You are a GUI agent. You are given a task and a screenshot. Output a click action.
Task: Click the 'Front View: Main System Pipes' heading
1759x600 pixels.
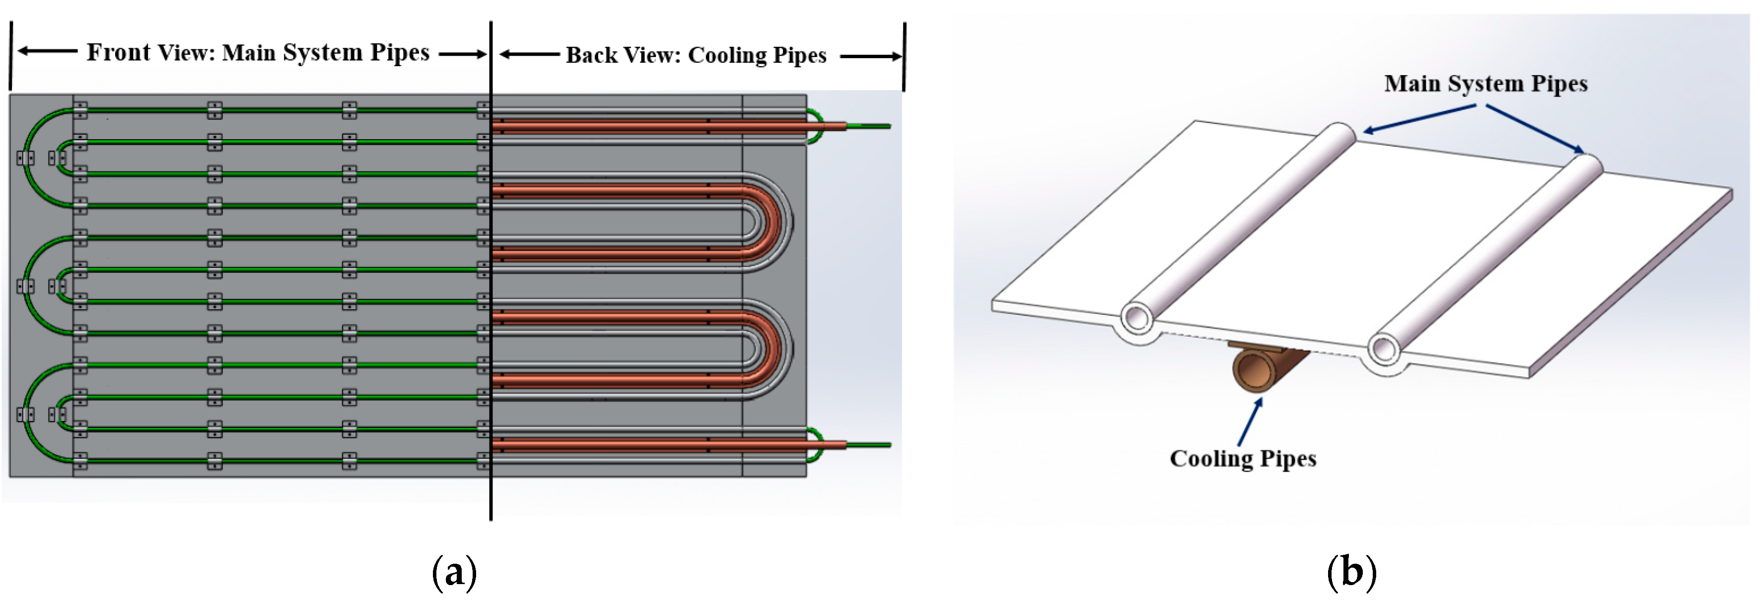click(258, 53)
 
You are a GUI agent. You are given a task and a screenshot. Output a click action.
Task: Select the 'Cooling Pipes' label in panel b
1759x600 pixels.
click(1242, 458)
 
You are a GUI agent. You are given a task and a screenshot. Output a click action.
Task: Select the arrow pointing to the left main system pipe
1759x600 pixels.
click(1420, 117)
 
